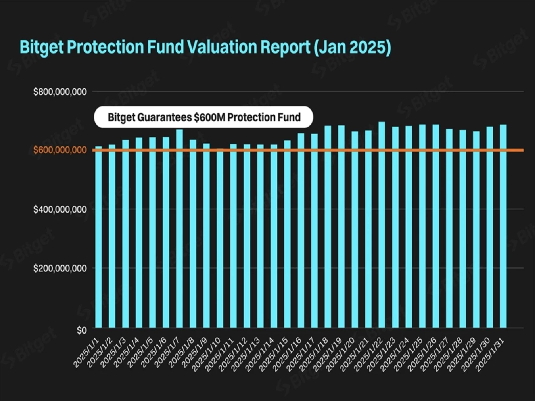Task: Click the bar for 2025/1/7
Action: pyautogui.click(x=179, y=228)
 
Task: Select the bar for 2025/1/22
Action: pyautogui.click(x=382, y=225)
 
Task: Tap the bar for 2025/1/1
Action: pyautogui.click(x=99, y=237)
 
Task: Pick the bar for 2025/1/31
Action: pyautogui.click(x=503, y=226)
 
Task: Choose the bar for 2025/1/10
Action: pyautogui.click(x=220, y=238)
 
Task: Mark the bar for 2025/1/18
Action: pyautogui.click(x=328, y=227)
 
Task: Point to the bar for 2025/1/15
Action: pyautogui.click(x=288, y=234)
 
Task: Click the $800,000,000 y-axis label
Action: pyautogui.click(x=60, y=92)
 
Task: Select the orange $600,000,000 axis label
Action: pyautogui.click(x=60, y=150)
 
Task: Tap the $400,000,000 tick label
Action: pyautogui.click(x=60, y=209)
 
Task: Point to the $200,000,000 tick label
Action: pyautogui.click(x=60, y=268)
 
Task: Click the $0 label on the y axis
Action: pyautogui.click(x=82, y=330)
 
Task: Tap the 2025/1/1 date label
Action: pyautogui.click(x=87, y=352)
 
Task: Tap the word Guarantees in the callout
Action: pyautogui.click(x=165, y=117)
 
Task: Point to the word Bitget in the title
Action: pyautogui.click(x=42, y=48)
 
